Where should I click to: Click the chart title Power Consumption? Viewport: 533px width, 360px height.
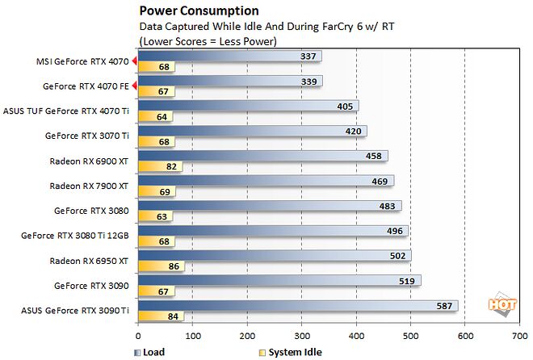coord(199,11)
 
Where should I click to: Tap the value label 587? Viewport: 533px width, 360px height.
coord(445,306)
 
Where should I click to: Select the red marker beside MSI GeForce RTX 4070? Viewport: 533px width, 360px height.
coord(135,60)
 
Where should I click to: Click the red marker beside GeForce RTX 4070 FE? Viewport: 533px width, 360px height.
coord(135,85)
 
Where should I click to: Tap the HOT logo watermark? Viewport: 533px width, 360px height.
coord(501,303)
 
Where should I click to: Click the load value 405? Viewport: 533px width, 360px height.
coord(344,106)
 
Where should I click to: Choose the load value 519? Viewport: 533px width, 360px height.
coord(406,281)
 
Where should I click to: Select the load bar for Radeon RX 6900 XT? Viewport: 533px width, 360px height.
coord(262,156)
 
